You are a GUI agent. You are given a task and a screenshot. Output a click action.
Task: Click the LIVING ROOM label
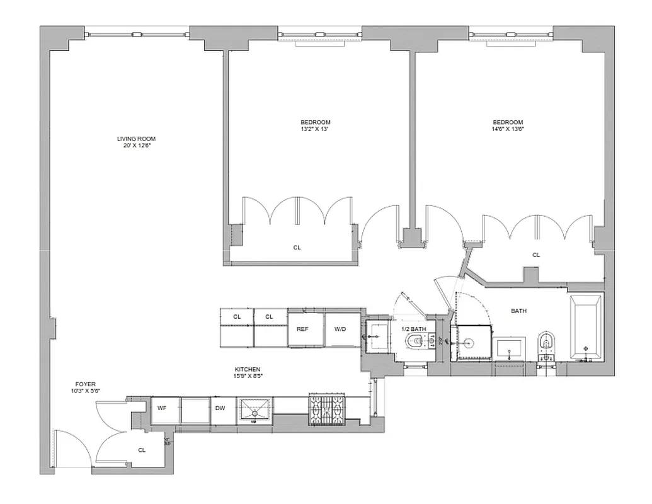(x=136, y=139)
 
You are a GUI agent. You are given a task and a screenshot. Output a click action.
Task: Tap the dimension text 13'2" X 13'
(x=315, y=129)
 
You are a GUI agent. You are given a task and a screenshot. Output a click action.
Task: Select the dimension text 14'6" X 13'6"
(x=508, y=129)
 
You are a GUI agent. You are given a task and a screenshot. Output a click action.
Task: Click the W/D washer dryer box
(x=341, y=328)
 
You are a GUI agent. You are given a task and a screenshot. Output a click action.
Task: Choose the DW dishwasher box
(x=220, y=408)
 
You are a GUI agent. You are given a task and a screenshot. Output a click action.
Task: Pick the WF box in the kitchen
(x=163, y=408)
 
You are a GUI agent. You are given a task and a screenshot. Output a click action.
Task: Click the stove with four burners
(x=328, y=410)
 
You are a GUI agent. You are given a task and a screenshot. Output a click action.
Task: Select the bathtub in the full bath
(x=586, y=328)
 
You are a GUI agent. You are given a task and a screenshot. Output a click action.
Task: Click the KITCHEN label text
(x=248, y=370)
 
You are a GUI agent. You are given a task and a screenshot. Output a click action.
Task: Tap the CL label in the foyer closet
(x=142, y=450)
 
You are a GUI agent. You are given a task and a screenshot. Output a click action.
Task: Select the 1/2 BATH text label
(x=415, y=328)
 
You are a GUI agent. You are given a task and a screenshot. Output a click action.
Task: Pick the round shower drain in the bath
(x=469, y=343)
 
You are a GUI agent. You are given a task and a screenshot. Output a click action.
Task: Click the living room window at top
(x=136, y=31)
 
